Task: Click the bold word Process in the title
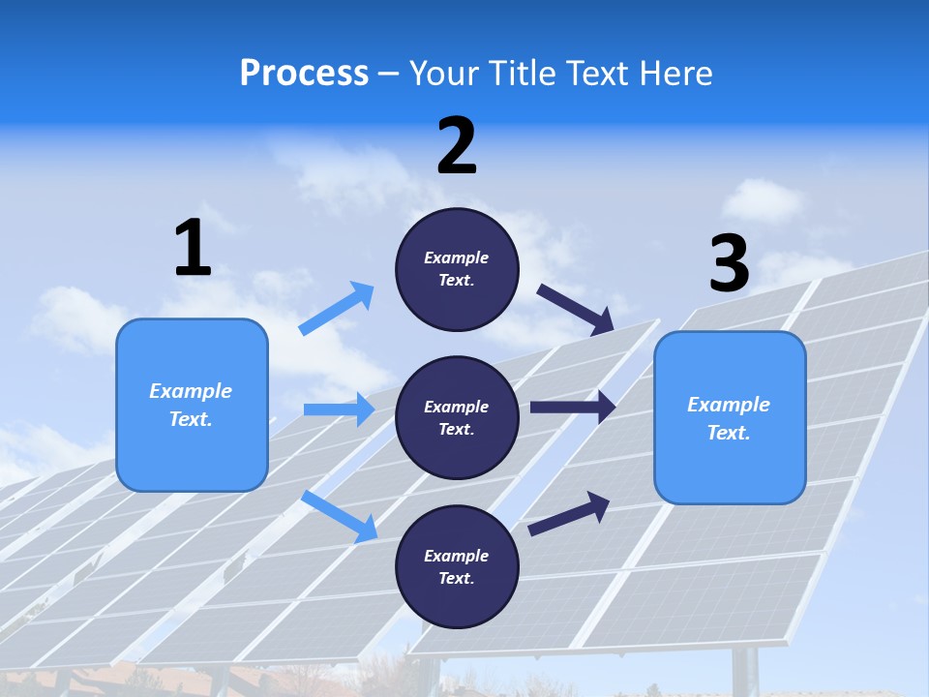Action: coord(304,74)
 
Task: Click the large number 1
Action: coord(193,249)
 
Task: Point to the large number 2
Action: coord(457,146)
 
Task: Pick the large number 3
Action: coord(729,263)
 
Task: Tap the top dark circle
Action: coord(457,269)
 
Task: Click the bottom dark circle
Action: coord(457,567)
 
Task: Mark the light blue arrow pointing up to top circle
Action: coord(337,309)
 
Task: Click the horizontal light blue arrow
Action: coord(339,409)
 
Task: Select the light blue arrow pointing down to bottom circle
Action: coord(340,515)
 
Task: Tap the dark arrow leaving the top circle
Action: coord(576,309)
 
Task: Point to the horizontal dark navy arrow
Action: coord(572,407)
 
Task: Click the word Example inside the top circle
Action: coord(457,258)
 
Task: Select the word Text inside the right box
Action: coord(728,433)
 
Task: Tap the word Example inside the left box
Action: coord(191,391)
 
